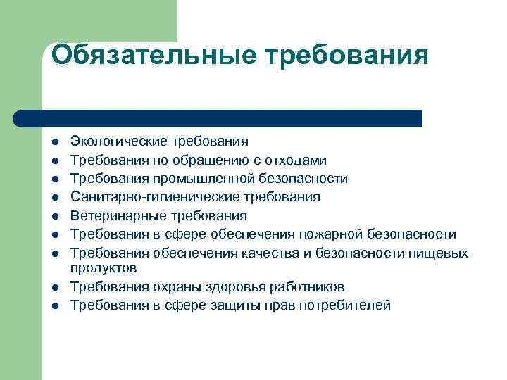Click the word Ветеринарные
tap(111, 215)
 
